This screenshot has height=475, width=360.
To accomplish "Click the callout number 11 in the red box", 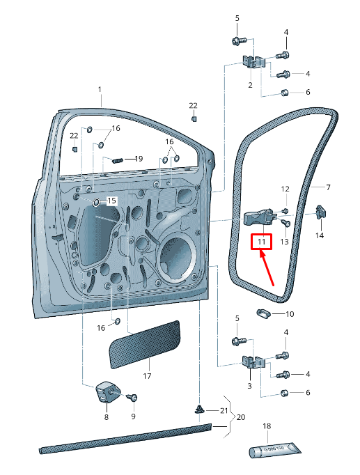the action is coord(262,242).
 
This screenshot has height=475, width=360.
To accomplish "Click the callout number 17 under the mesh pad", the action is coord(147,376).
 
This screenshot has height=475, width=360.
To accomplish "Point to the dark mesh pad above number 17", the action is coord(145,345).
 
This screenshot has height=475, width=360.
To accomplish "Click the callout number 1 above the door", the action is coord(100,90).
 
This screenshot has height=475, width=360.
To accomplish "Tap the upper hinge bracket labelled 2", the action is coord(253,62).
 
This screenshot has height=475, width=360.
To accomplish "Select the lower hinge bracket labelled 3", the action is coord(253,361).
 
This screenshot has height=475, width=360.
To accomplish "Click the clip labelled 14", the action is coord(320,212).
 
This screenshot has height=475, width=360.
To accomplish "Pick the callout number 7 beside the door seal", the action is coord(328,187).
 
